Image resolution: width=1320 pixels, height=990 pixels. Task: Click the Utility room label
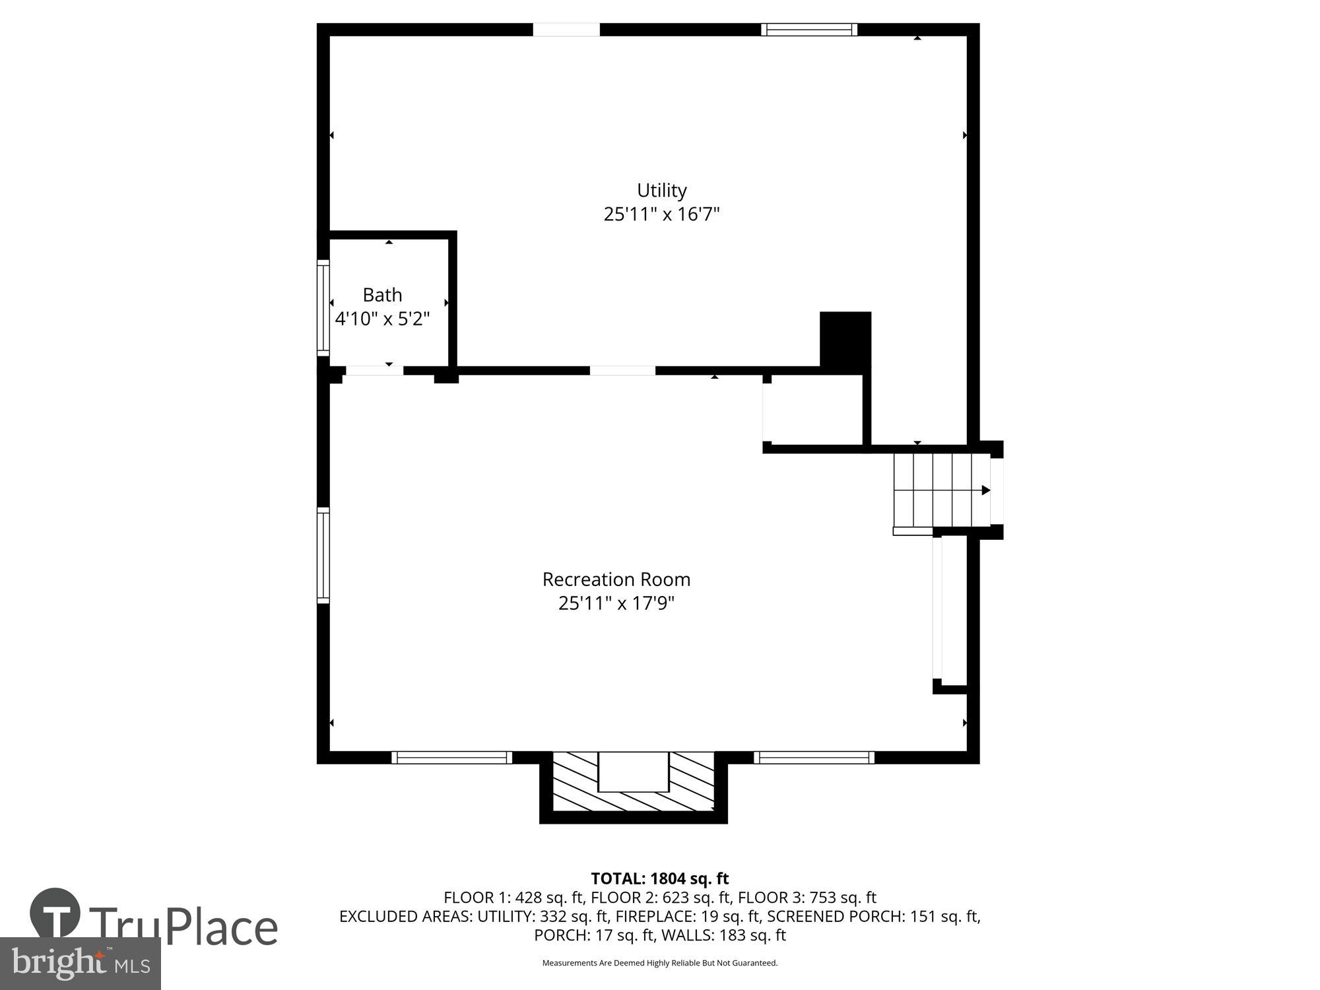(661, 190)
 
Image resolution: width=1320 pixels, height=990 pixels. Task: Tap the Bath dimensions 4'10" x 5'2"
(382, 319)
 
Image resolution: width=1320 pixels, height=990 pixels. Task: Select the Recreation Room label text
(616, 579)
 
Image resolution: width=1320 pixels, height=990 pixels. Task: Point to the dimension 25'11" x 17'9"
(616, 603)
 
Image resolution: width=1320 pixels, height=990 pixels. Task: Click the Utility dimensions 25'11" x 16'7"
(661, 214)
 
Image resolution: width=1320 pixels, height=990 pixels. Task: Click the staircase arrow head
(985, 490)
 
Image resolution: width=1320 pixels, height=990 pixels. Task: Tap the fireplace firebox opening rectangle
(633, 772)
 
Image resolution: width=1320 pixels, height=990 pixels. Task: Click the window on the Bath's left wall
(323, 308)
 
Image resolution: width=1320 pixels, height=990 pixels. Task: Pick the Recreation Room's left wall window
(323, 555)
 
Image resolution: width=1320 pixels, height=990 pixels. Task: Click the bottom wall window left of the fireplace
(451, 758)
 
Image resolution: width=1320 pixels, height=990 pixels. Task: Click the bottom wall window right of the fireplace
(814, 758)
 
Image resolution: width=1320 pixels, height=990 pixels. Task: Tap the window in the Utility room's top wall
(808, 30)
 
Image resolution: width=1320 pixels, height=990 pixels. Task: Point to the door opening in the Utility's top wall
(566, 30)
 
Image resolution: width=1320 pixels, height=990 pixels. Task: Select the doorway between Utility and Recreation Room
(622, 371)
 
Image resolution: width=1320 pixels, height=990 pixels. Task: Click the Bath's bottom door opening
(374, 371)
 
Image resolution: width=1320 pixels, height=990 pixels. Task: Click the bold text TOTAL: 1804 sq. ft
(659, 878)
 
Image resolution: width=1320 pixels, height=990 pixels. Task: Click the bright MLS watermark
(81, 964)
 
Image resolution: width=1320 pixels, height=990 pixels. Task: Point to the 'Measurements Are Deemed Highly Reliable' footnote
(659, 963)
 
